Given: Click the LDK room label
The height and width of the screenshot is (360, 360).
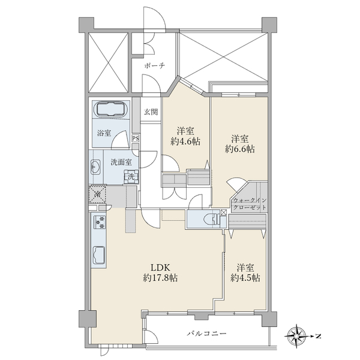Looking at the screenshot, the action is (x=160, y=268).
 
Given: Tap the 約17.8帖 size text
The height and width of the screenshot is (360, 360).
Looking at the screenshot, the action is (x=160, y=278).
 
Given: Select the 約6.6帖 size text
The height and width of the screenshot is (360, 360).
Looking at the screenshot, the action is (x=239, y=149).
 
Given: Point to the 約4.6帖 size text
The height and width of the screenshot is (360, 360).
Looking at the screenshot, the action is (x=185, y=142).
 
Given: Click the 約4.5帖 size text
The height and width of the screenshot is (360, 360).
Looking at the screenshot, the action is (x=245, y=278).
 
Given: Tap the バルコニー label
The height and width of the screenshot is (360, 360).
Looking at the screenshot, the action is (x=206, y=334).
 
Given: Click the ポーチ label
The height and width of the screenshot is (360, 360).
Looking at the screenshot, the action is (x=155, y=66).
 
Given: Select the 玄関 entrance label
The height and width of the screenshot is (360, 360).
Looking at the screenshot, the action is (x=151, y=112).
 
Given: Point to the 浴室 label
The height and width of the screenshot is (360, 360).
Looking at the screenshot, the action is (x=104, y=133).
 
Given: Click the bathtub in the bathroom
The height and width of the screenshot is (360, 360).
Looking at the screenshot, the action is (x=111, y=110).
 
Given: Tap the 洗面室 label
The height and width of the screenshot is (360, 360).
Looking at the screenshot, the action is (x=121, y=163).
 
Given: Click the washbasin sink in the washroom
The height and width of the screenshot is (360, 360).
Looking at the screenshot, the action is (x=95, y=166).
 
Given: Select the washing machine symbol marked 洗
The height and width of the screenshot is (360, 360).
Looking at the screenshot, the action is (x=131, y=177).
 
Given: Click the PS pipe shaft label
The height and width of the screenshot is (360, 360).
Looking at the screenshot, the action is (x=136, y=139).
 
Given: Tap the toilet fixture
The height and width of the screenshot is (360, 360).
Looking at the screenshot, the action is (x=211, y=220).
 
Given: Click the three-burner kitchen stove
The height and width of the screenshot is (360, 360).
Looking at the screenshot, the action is (x=99, y=222).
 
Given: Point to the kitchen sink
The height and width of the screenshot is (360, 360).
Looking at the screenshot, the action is (x=99, y=256).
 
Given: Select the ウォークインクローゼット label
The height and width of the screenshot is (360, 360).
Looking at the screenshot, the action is (x=250, y=204).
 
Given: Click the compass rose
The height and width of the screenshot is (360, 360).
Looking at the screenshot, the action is (x=298, y=337).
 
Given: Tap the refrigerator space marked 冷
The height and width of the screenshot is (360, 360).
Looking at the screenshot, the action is (x=98, y=194).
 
